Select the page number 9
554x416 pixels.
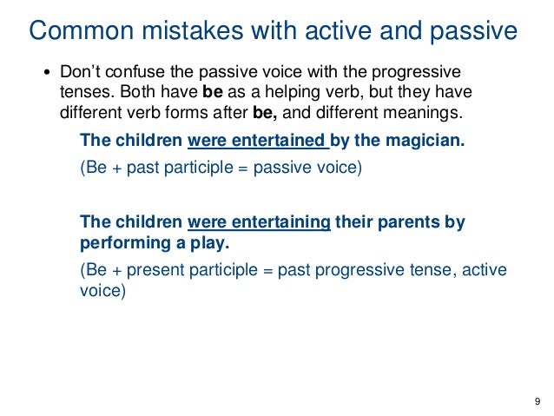tap(538, 400)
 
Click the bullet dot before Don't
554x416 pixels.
tap(49, 73)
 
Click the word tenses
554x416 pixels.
tap(86, 93)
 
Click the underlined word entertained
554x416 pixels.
tap(275, 141)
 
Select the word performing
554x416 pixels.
tap(121, 242)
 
